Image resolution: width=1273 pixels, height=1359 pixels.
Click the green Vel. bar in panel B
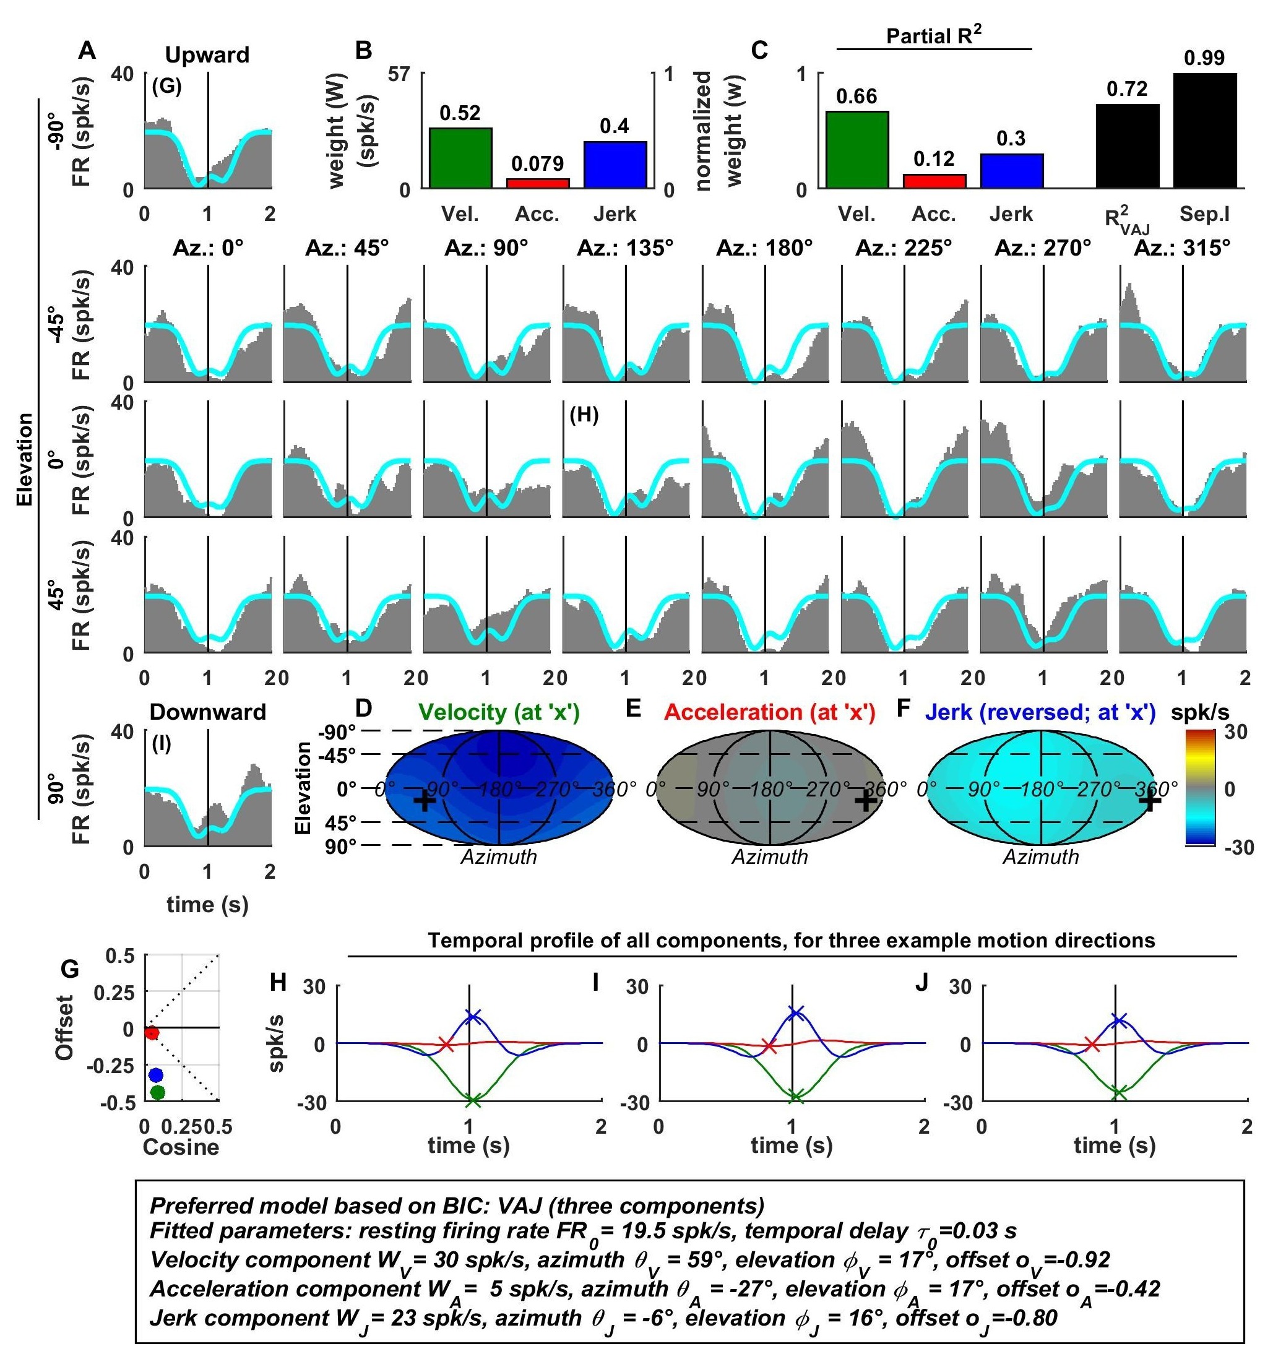click(x=460, y=158)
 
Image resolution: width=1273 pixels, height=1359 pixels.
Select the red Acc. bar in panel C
click(x=934, y=181)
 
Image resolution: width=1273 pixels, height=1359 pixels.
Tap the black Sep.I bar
click(x=1205, y=130)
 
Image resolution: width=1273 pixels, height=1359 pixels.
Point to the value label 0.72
click(x=1128, y=90)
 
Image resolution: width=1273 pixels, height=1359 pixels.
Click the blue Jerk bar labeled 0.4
click(x=615, y=165)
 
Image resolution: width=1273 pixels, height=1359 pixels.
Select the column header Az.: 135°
click(x=625, y=248)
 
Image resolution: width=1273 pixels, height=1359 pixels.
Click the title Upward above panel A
click(x=207, y=55)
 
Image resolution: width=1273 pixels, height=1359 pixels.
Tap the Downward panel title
click(x=207, y=712)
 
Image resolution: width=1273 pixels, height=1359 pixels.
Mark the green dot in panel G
click(x=157, y=1092)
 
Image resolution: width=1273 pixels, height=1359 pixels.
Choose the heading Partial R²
click(x=934, y=37)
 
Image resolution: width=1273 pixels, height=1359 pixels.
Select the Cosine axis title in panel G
click(x=181, y=1147)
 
